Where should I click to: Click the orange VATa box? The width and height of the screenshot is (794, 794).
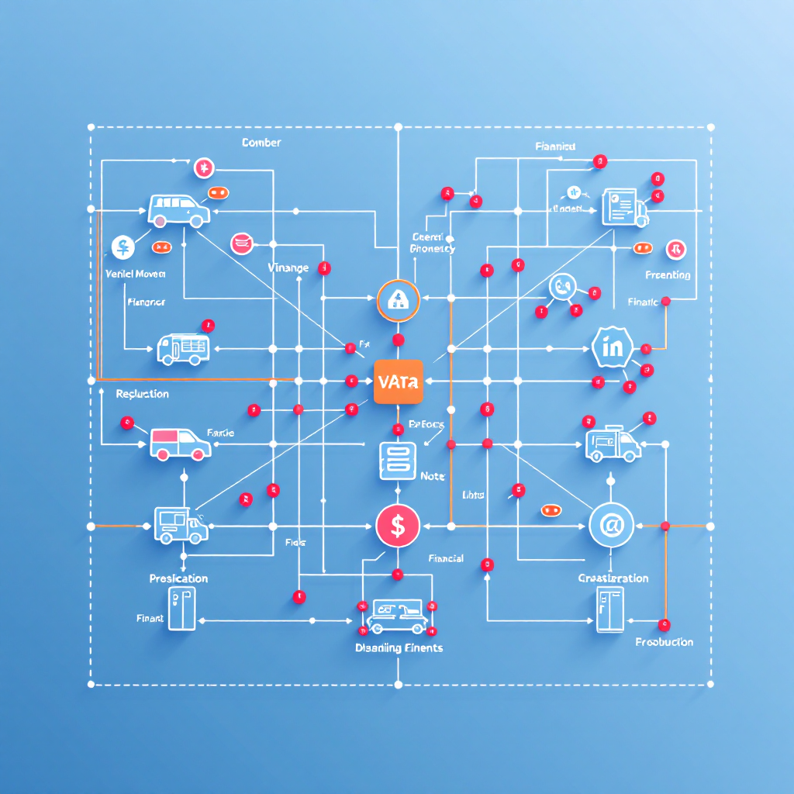pyautogui.click(x=398, y=381)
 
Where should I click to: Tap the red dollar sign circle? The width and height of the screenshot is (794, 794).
pyautogui.click(x=397, y=526)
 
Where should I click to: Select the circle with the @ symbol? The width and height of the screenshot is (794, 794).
pyautogui.click(x=611, y=526)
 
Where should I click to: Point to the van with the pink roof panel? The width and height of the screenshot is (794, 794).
pyautogui.click(x=180, y=444)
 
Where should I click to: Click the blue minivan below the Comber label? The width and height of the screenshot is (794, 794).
pyautogui.click(x=179, y=210)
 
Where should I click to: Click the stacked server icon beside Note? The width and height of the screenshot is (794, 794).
pyautogui.click(x=398, y=461)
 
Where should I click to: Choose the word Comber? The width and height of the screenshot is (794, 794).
pyautogui.click(x=261, y=143)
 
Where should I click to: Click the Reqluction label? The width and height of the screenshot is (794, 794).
pyautogui.click(x=142, y=394)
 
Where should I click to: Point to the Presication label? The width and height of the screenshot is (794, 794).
pyautogui.click(x=178, y=578)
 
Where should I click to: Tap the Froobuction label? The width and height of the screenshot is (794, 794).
pyautogui.click(x=664, y=642)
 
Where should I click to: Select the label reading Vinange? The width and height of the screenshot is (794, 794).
pyautogui.click(x=288, y=268)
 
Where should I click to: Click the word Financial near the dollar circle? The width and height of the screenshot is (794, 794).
pyautogui.click(x=446, y=558)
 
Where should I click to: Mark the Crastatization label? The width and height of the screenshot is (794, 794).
pyautogui.click(x=613, y=578)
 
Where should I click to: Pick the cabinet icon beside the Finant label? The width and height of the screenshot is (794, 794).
pyautogui.click(x=182, y=609)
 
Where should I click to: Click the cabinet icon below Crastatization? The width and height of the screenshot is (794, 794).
pyautogui.click(x=609, y=609)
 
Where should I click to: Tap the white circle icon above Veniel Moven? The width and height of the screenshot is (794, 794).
pyautogui.click(x=123, y=247)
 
